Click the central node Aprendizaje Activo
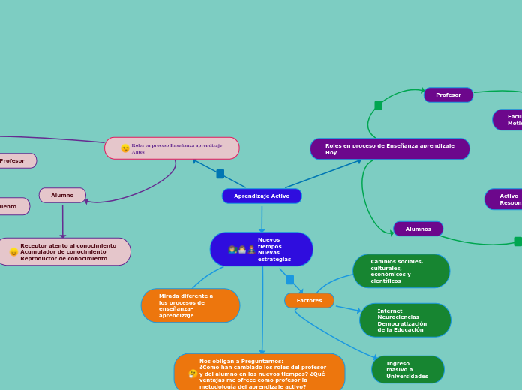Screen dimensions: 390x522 [262, 196]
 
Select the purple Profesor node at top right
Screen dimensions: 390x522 [448, 94]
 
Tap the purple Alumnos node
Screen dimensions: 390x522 [418, 229]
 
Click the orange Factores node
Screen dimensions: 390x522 [309, 300]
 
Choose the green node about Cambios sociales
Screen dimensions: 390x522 [401, 271]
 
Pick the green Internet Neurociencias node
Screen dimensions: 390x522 [405, 320]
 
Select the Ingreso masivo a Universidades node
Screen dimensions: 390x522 [408, 370]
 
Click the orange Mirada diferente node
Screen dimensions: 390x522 [190, 305]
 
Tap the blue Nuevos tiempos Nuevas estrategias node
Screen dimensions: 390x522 [262, 249]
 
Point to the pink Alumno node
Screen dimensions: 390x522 [62, 195]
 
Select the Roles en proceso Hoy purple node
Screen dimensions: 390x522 [390, 148]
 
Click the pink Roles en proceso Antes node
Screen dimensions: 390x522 [172, 148]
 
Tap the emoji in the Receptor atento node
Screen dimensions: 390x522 [14, 252]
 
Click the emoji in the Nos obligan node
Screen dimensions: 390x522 [193, 373]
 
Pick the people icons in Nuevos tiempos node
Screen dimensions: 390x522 [241, 249]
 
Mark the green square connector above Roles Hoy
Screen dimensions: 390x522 [379, 105]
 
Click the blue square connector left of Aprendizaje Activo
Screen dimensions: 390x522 [220, 174]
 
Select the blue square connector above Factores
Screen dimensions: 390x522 [290, 280]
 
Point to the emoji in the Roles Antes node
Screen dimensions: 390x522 [125, 148]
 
